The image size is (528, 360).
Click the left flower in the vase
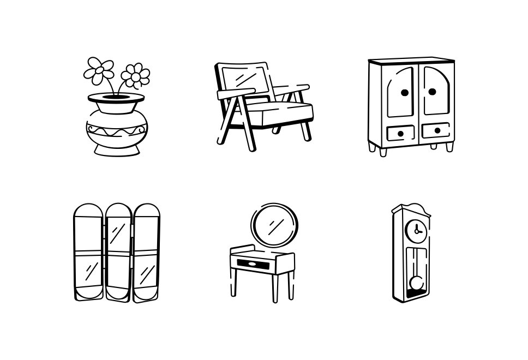tap(99, 70)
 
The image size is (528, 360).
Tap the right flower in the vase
tap(135, 76)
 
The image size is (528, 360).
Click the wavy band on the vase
tap(116, 131)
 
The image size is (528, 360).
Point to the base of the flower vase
tap(116, 149)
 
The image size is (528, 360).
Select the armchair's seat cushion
tap(278, 112)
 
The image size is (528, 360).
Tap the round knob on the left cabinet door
tap(405, 93)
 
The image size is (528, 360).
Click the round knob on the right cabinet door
tap(432, 92)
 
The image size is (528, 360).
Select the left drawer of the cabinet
tap(400, 133)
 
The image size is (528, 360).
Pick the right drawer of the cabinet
tap(436, 131)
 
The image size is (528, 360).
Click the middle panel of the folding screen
tap(118, 252)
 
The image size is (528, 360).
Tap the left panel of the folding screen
tap(88, 252)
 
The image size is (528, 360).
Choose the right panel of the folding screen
tap(147, 253)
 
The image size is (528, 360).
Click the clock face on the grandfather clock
tap(417, 230)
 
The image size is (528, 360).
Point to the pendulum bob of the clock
tap(417, 283)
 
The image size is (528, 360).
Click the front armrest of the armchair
tap(236, 94)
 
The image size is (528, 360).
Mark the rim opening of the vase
tap(116, 98)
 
